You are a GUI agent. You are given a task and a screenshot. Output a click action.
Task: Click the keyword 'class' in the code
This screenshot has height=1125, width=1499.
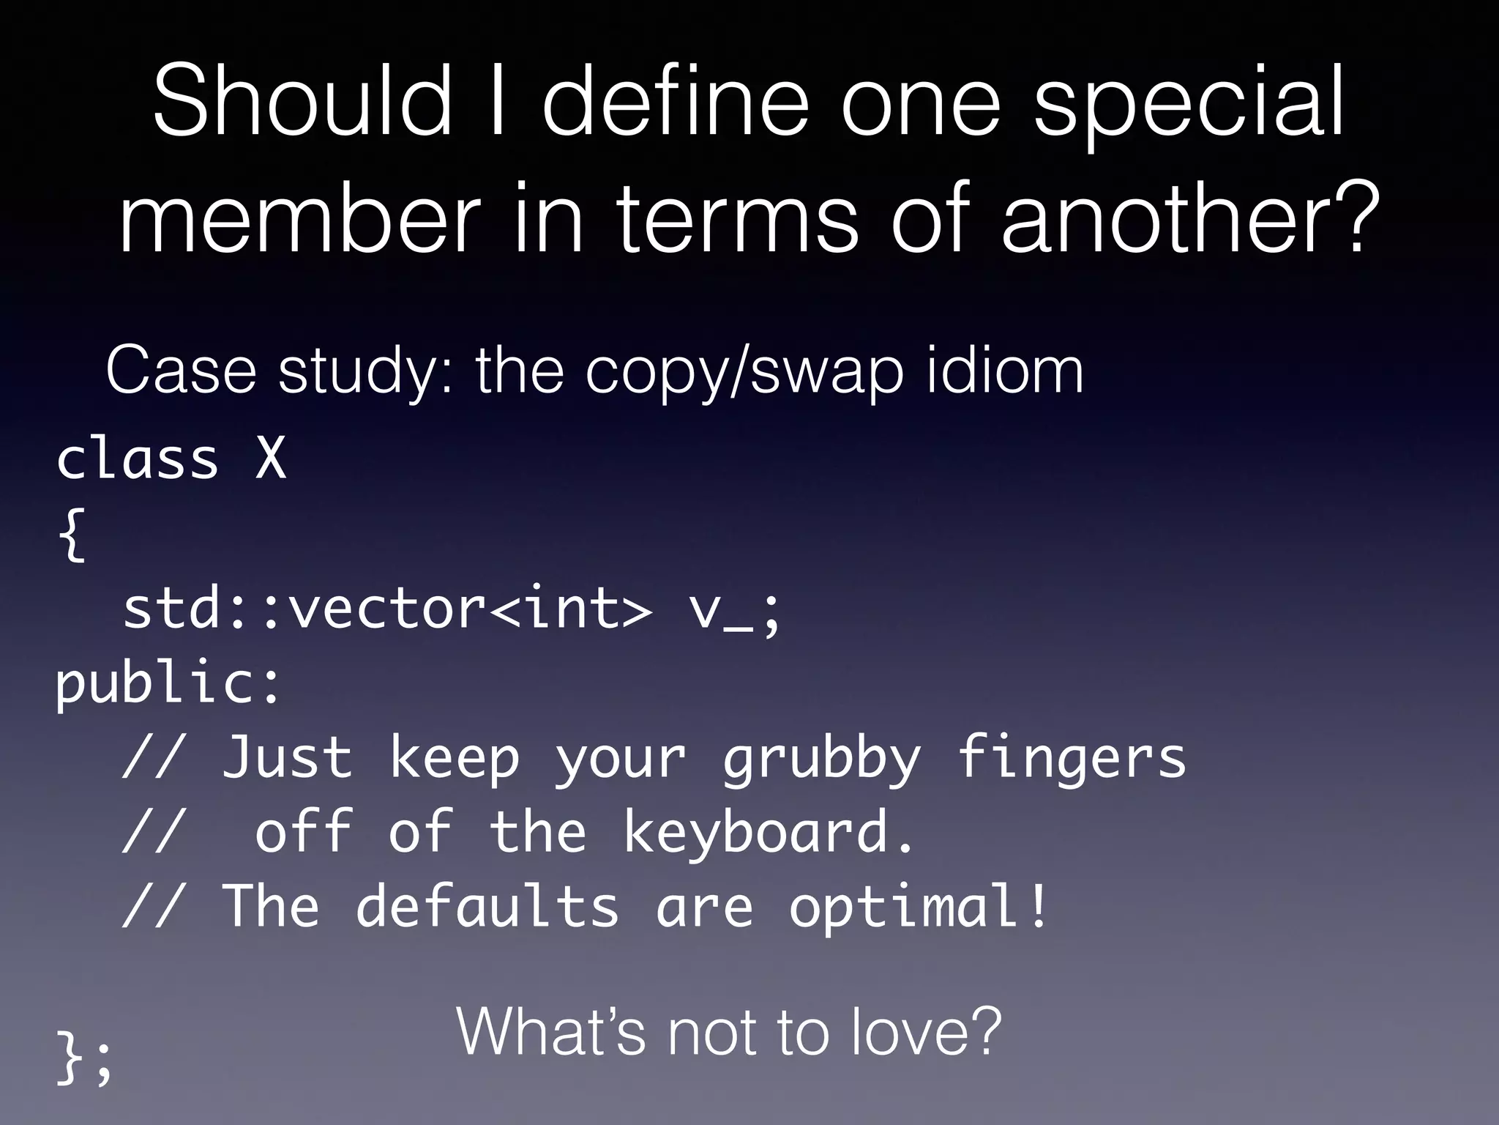tap(138, 459)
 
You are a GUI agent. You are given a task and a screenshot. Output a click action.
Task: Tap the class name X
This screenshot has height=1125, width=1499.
tap(271, 459)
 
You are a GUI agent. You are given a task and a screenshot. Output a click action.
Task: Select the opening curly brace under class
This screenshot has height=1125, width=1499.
tap(72, 535)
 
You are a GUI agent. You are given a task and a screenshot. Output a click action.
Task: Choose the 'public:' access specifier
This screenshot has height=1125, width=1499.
tap(168, 685)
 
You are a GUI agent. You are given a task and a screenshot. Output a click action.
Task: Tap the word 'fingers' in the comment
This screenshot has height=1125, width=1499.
tap(1072, 760)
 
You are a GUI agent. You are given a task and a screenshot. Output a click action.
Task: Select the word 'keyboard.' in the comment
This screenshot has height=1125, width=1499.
tap(769, 834)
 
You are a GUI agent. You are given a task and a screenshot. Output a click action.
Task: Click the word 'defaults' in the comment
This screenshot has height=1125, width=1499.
tap(487, 907)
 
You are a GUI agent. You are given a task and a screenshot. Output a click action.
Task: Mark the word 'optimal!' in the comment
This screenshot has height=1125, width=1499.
tap(919, 907)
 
